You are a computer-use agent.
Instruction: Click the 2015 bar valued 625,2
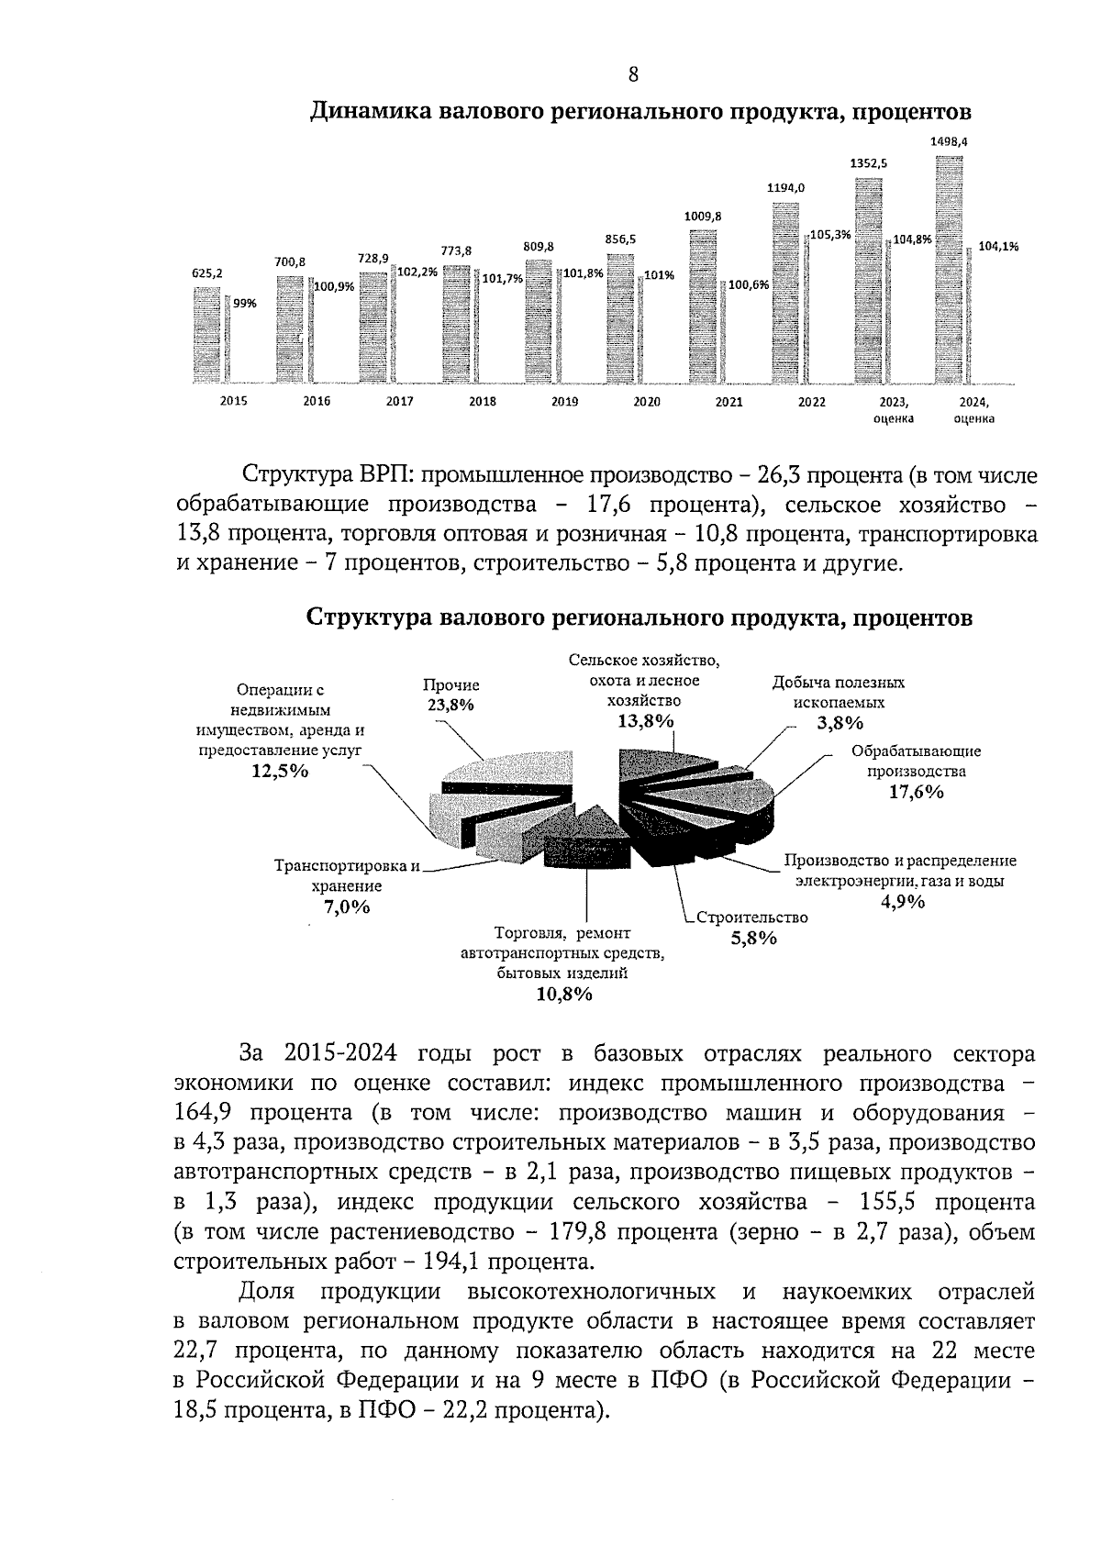207,334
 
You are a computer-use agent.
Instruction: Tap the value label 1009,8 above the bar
703,217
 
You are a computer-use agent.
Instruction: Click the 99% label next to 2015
244,304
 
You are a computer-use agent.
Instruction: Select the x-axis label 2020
646,402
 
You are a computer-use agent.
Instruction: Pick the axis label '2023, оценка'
894,410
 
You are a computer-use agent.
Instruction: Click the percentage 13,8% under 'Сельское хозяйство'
645,721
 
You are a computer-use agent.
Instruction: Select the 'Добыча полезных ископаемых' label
838,693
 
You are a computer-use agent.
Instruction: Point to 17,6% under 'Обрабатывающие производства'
915,793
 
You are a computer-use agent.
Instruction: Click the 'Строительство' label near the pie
751,918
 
